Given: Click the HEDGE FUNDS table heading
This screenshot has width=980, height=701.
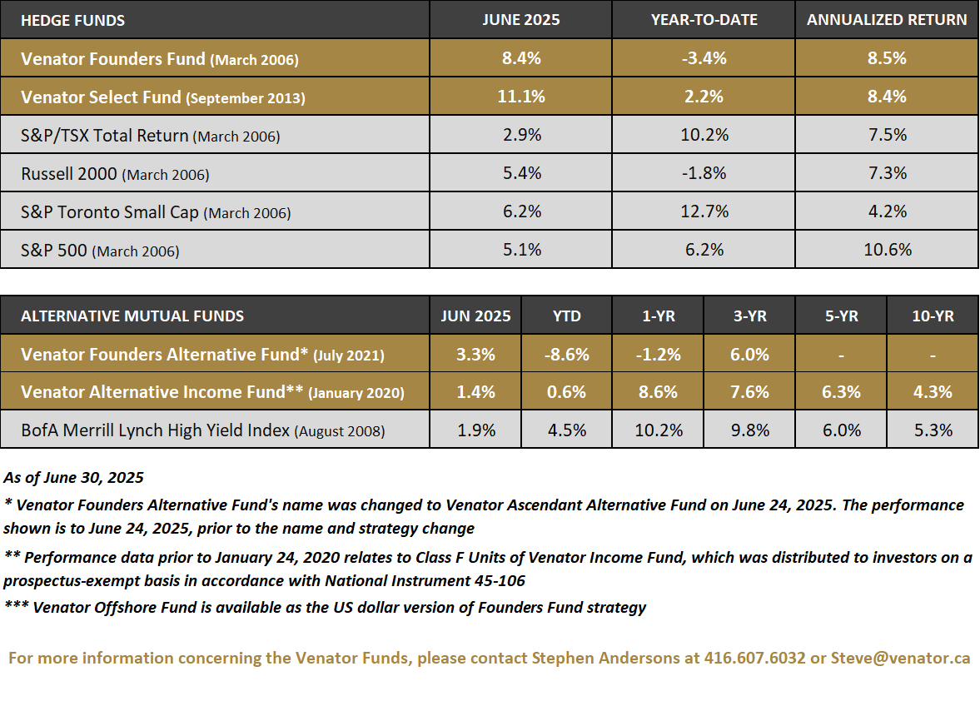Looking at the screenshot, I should pos(72,20).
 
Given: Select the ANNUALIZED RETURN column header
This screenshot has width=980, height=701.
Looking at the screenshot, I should pos(887,20).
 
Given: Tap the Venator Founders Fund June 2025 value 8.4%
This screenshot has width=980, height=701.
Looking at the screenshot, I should pos(520,58).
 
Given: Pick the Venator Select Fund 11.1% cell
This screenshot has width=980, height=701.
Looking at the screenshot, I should pos(520,97).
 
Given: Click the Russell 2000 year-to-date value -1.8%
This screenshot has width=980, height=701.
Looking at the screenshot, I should pos(704,173).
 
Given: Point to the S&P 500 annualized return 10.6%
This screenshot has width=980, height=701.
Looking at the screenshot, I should pos(887,250).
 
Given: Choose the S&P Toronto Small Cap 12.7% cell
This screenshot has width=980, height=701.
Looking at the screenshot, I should pos(704,211).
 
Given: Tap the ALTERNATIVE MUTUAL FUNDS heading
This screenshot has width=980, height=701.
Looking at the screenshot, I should pos(132,316).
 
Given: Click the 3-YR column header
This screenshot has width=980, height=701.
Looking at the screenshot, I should pos(749,316).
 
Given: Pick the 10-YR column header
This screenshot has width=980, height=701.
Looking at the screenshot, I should pos(933,316).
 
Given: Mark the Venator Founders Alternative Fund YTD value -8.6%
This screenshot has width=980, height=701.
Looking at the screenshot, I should pos(566,355).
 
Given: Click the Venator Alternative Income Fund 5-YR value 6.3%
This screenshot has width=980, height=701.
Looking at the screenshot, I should pos(841,392).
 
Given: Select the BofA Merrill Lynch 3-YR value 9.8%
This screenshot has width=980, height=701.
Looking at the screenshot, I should pos(749,430).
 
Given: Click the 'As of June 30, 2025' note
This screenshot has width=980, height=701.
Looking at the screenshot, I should pos(73,478).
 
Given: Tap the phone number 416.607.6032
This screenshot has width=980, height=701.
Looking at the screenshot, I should pos(753,658).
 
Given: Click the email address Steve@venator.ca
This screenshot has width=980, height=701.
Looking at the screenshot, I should pos(900,658).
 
